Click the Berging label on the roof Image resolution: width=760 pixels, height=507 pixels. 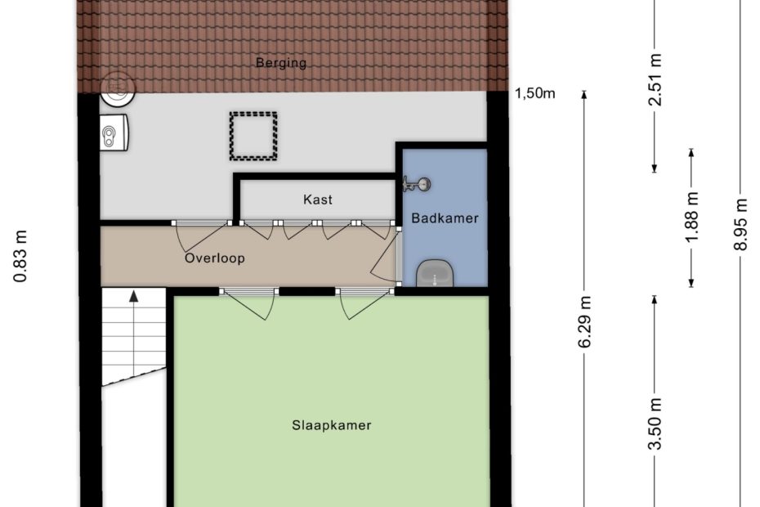(x=281, y=63)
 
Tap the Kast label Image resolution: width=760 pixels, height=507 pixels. (x=318, y=200)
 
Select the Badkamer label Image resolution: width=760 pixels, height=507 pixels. (x=445, y=218)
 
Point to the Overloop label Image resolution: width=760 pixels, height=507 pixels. (x=215, y=258)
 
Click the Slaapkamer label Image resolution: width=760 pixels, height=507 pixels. (x=332, y=425)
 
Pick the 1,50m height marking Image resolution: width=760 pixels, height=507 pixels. (x=535, y=93)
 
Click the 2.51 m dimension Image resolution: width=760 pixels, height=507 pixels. (x=655, y=79)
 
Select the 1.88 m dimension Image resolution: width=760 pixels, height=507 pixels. (x=691, y=217)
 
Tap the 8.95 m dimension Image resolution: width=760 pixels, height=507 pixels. (x=740, y=224)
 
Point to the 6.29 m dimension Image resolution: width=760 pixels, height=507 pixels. (x=584, y=321)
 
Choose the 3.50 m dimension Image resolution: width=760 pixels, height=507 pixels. (x=655, y=424)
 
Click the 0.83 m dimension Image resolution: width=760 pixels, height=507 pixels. (x=20, y=256)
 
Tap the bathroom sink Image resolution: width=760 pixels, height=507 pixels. (x=435, y=273)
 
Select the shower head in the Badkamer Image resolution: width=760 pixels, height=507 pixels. (x=417, y=184)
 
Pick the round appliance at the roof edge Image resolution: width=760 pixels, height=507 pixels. (x=118, y=89)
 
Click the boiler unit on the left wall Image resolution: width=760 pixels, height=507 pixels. (x=114, y=132)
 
